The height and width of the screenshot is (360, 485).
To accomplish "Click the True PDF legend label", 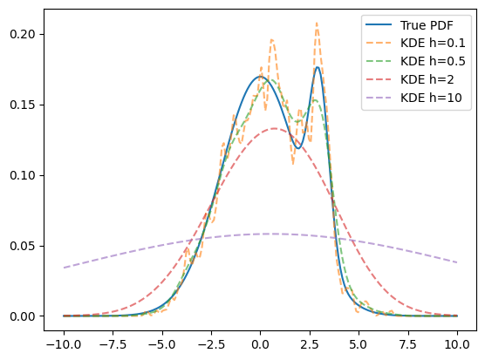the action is (x=427, y=25).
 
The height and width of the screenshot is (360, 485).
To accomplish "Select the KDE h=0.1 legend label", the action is (x=433, y=44).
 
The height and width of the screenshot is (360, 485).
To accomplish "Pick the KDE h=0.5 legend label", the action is (x=433, y=62).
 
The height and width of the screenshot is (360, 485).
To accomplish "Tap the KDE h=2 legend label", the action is (x=427, y=79).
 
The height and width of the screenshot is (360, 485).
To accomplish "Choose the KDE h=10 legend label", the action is (x=431, y=98).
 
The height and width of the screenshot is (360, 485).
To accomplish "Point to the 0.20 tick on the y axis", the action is (x=23, y=34).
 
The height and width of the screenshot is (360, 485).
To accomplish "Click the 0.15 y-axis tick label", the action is (x=23, y=105).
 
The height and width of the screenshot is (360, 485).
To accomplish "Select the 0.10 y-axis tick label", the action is (x=23, y=175).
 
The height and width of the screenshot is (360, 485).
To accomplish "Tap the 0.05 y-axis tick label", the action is (x=23, y=246).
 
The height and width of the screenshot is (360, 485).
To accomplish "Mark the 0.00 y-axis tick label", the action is (x=23, y=316).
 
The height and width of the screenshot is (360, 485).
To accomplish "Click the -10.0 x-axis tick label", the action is (x=64, y=344).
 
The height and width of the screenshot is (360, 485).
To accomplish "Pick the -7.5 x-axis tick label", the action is (x=113, y=344).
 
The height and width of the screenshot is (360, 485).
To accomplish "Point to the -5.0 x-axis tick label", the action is (x=162, y=344).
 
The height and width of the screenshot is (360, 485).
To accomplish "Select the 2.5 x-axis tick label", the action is (x=310, y=344).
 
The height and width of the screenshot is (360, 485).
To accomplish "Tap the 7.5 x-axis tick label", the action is (x=408, y=344).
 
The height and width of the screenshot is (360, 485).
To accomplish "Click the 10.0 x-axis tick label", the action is (x=457, y=344).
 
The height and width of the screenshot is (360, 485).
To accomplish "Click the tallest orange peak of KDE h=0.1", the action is (x=317, y=23).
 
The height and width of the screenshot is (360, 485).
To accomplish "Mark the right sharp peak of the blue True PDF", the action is (x=318, y=67).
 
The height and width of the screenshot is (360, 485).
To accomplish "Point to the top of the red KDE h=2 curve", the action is (x=275, y=128).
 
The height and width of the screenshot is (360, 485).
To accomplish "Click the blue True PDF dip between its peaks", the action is (x=297, y=148).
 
